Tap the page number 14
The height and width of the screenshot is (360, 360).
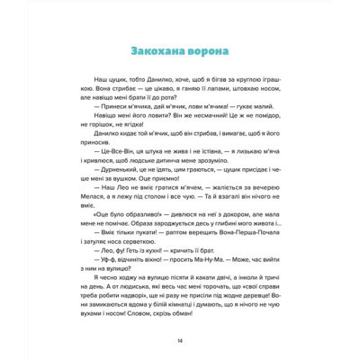pyautogui.click(x=180, y=340)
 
